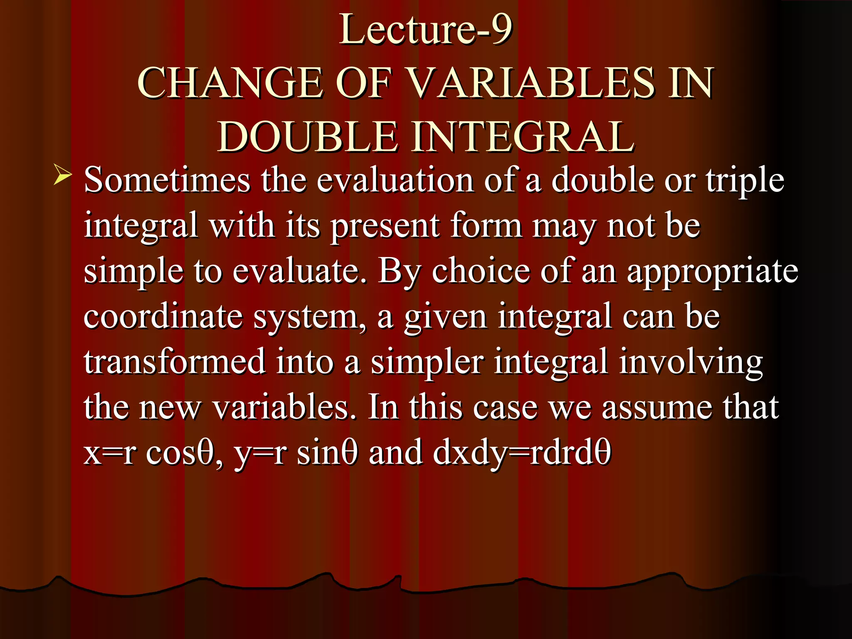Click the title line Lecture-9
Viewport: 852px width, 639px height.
[x=426, y=29]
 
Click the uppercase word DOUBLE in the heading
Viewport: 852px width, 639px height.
[x=307, y=137]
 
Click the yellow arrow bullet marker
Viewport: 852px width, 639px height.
[x=62, y=176]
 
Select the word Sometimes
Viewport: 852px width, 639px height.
[x=167, y=181]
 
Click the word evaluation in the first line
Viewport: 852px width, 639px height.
[x=395, y=181]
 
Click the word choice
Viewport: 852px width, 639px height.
[x=481, y=271]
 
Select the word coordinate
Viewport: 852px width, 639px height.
[x=163, y=317]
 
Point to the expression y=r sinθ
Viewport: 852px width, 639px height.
[x=295, y=453]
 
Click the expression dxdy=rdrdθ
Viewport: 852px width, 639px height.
[x=522, y=453]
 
